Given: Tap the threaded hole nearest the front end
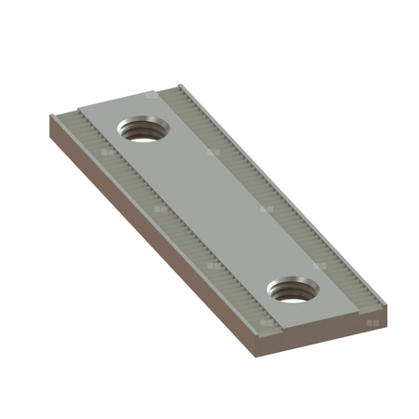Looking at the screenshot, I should pos(294,290).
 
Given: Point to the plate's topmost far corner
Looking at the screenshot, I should pos(176,83).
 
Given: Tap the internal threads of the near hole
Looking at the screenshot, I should pos(292,295).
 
